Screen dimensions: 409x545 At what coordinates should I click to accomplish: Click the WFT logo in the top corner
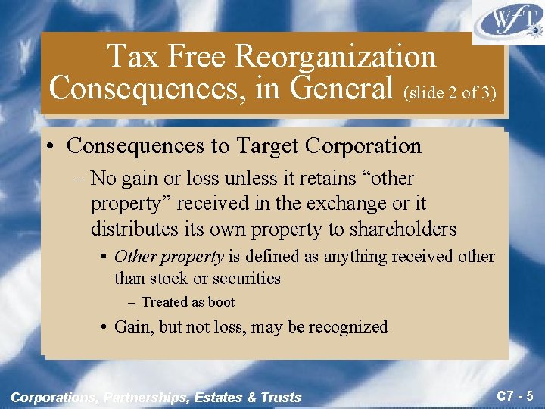[x=509, y=21]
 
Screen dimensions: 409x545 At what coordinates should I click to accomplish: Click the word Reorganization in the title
[x=336, y=57]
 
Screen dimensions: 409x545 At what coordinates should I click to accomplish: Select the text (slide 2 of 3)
[x=450, y=92]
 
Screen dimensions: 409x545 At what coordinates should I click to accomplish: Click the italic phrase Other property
[x=169, y=257]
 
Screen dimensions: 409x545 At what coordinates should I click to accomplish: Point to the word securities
[x=242, y=278]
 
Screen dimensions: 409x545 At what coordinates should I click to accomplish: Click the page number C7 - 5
[x=515, y=395]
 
